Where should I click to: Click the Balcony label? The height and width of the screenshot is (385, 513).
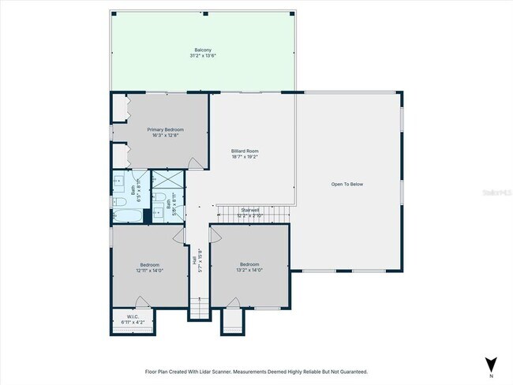(203, 50)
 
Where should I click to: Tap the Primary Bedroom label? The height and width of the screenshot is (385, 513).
(165, 129)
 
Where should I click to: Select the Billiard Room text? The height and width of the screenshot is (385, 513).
(245, 151)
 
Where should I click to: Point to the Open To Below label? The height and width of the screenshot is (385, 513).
(347, 185)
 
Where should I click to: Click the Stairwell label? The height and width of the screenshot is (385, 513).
(251, 210)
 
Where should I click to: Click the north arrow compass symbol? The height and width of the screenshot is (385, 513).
(492, 364)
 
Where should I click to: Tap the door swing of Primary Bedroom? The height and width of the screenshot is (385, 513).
(195, 163)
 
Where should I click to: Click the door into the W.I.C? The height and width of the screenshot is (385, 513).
(140, 302)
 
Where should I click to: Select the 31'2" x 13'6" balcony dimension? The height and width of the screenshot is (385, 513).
(203, 56)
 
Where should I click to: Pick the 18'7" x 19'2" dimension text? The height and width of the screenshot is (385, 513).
(245, 157)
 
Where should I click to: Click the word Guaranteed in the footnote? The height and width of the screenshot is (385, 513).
(349, 372)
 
